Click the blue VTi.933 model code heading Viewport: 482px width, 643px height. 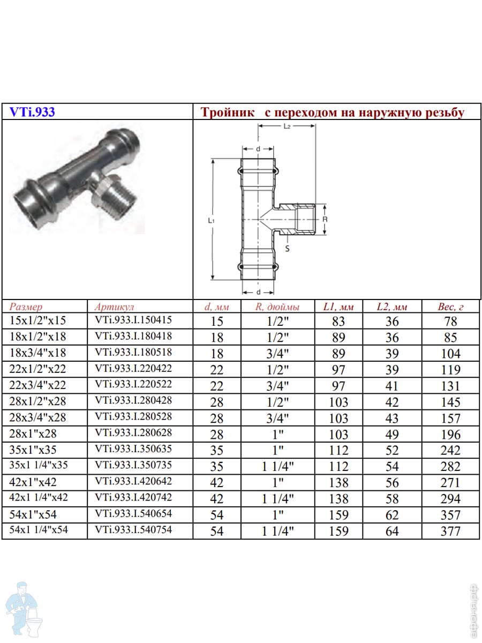point(32,112)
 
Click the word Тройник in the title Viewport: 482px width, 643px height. point(227,113)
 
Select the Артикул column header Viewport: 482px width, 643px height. point(114,306)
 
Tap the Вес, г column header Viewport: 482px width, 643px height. point(450,306)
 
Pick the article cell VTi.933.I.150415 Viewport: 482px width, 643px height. point(133,319)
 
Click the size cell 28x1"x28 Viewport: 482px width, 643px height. point(33,433)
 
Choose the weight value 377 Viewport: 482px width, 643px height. point(450,531)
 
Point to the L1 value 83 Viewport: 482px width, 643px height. point(338,322)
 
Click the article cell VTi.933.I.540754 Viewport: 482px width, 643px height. point(133,529)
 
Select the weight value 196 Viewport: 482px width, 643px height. point(450,435)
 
